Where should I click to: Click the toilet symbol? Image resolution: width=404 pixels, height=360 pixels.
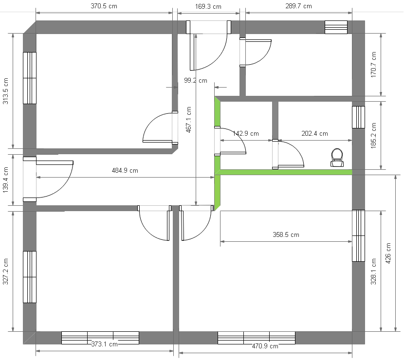click(x=337, y=158)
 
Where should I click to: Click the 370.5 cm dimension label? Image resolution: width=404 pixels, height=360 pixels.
click(x=104, y=6)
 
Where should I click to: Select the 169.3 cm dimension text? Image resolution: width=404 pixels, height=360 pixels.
click(x=208, y=6)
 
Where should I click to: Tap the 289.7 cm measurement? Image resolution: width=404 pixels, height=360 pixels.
click(x=299, y=6)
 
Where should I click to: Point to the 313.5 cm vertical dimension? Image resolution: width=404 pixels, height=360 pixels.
click(x=5, y=91)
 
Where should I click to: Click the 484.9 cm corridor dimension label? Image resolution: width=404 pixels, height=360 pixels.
click(x=125, y=170)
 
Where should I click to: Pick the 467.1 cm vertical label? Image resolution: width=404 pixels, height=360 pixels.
click(x=188, y=120)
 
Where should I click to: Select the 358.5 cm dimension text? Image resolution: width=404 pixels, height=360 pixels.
click(x=286, y=234)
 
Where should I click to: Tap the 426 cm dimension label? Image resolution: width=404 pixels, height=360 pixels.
click(x=388, y=253)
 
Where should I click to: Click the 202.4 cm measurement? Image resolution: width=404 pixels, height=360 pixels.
click(x=314, y=133)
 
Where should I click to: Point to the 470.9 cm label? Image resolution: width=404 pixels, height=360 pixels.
click(x=265, y=346)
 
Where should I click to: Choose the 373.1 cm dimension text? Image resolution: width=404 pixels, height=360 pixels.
click(x=104, y=344)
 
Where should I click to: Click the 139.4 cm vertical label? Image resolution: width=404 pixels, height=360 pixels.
click(x=5, y=180)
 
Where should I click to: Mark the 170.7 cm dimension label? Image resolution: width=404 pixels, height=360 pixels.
click(x=374, y=65)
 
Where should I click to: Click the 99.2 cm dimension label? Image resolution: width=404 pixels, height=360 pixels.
click(x=196, y=81)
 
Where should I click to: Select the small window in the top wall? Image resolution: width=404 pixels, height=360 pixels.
click(x=336, y=27)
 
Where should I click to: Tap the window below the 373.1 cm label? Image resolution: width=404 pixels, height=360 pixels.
click(x=100, y=338)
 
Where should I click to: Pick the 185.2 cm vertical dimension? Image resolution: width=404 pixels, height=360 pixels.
click(x=374, y=135)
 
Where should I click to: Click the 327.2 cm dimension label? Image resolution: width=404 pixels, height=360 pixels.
click(x=5, y=271)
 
